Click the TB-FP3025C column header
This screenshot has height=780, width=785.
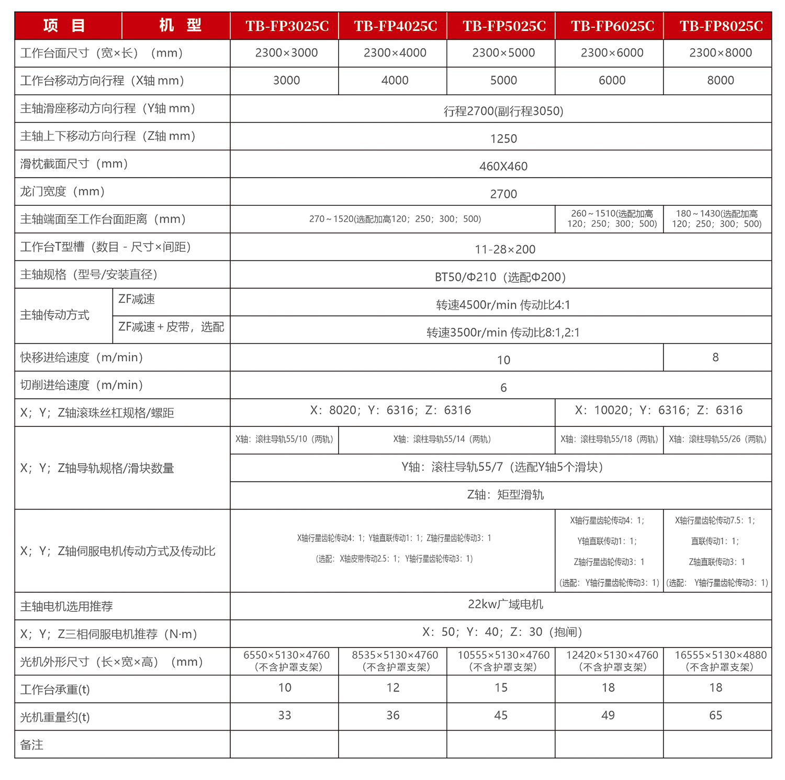287,26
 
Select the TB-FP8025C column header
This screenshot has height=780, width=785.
721,26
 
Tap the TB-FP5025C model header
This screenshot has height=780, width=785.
503,26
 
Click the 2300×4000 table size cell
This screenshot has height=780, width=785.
395,53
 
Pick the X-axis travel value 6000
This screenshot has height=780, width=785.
612,80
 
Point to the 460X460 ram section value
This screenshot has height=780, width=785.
503,167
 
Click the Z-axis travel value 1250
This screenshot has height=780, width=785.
503,139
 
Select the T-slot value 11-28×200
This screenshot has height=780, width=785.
504,249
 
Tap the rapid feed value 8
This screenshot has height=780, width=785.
715,357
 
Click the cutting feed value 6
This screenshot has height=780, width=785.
503,388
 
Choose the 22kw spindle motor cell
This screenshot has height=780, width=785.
505,605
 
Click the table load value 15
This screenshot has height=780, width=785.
501,688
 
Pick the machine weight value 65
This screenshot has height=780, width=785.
715,716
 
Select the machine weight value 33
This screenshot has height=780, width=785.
284,716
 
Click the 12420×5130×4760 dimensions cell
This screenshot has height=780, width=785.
612,661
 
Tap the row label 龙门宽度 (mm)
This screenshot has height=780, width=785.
63,192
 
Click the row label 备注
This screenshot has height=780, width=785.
32,745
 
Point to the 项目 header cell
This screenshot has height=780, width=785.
64,25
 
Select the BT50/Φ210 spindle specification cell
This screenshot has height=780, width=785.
500,277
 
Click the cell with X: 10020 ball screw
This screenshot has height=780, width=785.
658,410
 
